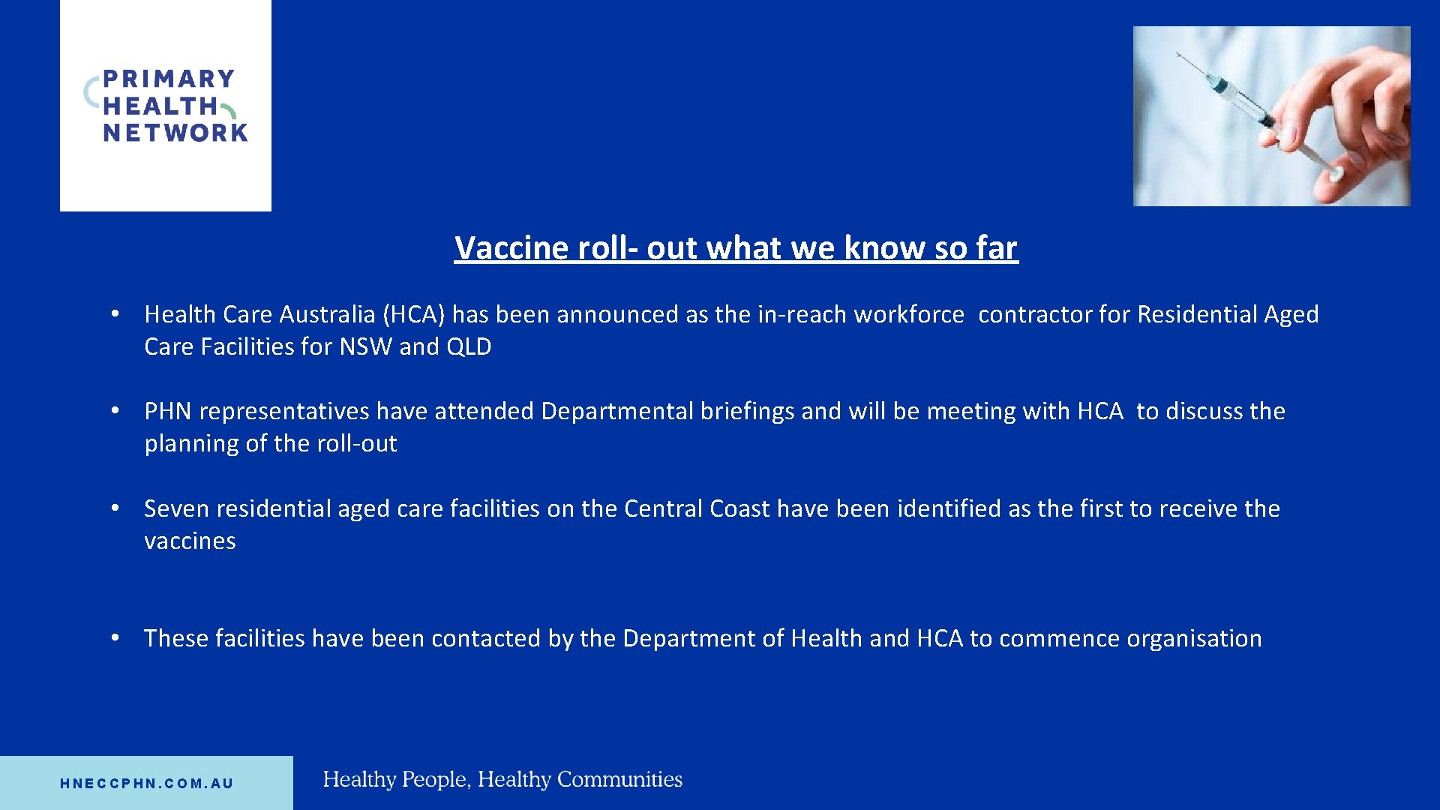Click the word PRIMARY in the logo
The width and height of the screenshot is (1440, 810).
pos(169,79)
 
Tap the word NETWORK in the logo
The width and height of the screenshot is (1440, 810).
pos(175,133)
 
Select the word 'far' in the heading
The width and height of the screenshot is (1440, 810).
pos(996,248)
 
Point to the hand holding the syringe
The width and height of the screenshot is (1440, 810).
pos(1350,120)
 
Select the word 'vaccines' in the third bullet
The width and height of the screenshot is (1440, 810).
pos(190,541)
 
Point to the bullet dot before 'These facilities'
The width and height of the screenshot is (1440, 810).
pos(115,637)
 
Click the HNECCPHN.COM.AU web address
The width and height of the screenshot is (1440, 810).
pos(147,784)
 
